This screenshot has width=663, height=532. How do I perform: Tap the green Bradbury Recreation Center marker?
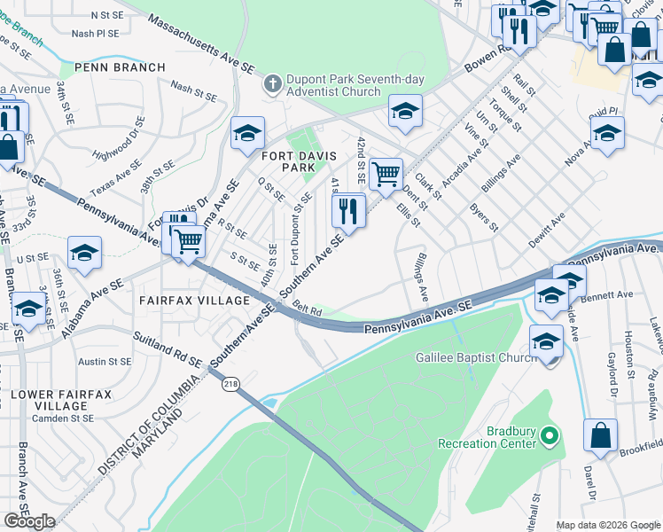tap(550, 436)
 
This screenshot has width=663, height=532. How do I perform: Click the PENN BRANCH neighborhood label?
tap(120, 67)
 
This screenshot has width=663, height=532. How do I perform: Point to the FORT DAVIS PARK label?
tap(299, 161)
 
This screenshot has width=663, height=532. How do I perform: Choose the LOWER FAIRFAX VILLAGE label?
tap(60, 400)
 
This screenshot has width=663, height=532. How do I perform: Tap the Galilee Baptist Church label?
tap(474, 357)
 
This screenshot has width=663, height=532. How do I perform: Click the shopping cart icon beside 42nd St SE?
tap(386, 174)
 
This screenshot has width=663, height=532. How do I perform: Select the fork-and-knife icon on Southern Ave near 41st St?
tap(347, 211)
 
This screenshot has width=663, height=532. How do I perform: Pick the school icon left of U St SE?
tap(84, 253)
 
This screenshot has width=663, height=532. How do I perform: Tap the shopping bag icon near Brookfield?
tap(600, 436)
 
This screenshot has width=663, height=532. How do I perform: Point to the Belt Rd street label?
tap(306, 308)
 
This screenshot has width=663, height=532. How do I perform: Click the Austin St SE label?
tap(104, 362)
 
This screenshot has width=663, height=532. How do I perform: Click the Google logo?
tap(29, 521)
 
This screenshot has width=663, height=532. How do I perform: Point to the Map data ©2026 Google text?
tap(607, 525)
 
